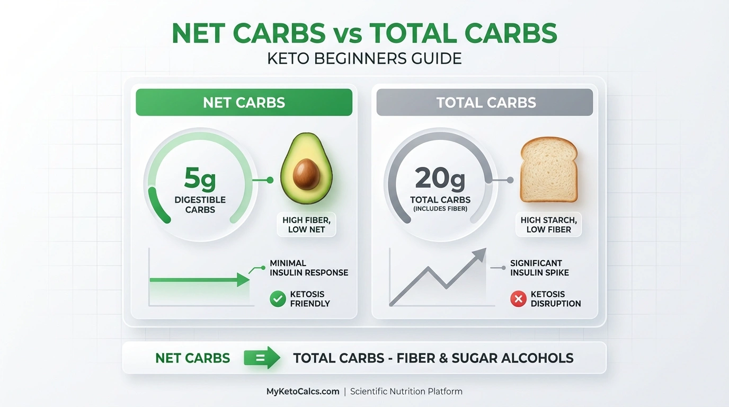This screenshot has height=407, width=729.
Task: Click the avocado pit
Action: click(306, 173)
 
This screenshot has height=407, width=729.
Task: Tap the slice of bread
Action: click(548, 170)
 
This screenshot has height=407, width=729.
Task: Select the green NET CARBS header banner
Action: click(244, 102)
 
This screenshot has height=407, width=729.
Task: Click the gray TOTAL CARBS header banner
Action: click(485, 102)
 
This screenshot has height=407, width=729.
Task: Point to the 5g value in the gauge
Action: click(200, 179)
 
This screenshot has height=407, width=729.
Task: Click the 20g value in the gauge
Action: click(440, 179)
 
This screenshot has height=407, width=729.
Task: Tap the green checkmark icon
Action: click(278, 299)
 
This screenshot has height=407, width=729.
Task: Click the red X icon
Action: click(518, 299)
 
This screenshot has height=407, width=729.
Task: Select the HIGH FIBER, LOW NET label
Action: click(306, 225)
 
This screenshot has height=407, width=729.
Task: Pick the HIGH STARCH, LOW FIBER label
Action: click(548, 225)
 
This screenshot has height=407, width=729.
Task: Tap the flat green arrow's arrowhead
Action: click(243, 280)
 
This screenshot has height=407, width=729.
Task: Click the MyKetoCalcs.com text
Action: click(303, 392)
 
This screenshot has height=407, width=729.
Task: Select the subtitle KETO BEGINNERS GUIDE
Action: click(364, 58)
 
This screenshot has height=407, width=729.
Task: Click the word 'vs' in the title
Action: click(348, 33)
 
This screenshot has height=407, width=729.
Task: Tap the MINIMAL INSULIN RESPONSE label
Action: click(308, 268)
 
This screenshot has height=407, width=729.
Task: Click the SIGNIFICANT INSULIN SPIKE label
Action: click(539, 268)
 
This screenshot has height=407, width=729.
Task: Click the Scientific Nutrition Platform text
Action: click(406, 392)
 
